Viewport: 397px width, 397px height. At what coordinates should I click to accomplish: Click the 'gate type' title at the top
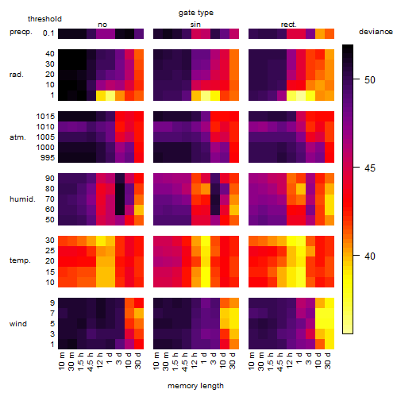tap(196, 13)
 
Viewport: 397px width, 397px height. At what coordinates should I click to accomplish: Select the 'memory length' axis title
tap(195, 386)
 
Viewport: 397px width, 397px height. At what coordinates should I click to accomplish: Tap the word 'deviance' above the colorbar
tap(376, 32)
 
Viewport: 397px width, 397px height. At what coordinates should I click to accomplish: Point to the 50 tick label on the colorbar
tap(370, 79)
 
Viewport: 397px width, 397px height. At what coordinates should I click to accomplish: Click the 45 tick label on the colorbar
tap(370, 168)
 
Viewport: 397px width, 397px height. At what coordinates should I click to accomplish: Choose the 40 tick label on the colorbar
tap(370, 256)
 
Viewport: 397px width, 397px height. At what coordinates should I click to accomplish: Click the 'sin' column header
tap(195, 25)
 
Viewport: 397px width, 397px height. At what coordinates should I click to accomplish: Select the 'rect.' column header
tap(288, 25)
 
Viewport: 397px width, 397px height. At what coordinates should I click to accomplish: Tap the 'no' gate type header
tap(102, 25)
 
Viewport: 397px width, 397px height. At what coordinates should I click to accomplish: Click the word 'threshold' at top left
tap(44, 19)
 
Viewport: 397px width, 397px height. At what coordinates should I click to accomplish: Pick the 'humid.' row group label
tap(22, 198)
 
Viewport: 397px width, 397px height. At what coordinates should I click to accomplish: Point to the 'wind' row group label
tap(18, 323)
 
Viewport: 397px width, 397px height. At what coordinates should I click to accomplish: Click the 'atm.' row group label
tap(17, 137)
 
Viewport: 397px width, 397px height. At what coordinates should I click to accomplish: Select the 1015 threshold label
tap(45, 117)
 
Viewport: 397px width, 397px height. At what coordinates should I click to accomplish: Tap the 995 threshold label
tap(48, 158)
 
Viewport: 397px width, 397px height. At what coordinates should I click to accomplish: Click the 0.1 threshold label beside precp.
tap(48, 33)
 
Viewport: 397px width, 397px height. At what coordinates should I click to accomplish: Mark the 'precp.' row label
tap(21, 32)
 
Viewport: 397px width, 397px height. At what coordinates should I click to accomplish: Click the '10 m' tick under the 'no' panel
tap(62, 360)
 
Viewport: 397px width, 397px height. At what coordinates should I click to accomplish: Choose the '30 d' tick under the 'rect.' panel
tap(328, 360)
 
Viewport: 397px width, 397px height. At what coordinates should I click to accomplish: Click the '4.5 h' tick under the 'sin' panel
tap(185, 361)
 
